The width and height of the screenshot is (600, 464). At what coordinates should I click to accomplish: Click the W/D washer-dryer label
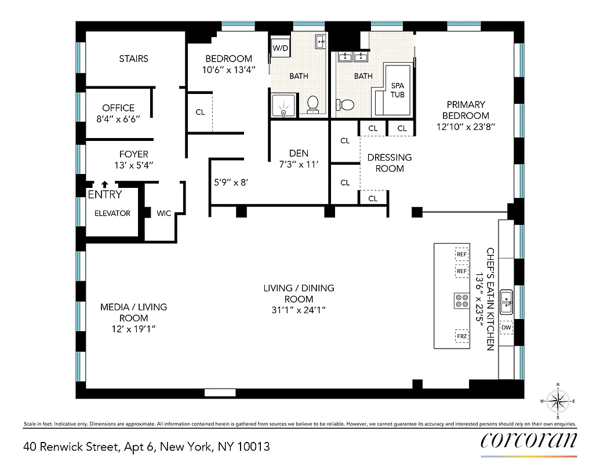(x=280, y=48)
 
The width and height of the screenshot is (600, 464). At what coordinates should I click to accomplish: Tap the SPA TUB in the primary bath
(x=397, y=90)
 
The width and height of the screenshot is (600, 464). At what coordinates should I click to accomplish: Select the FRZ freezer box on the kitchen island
(x=462, y=336)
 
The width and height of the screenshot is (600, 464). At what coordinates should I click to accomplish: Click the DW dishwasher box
(x=506, y=328)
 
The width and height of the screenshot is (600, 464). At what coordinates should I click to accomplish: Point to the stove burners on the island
(x=462, y=300)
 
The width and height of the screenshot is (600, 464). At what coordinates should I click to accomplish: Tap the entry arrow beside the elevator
(x=105, y=183)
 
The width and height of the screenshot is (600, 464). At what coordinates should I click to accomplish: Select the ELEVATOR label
(x=112, y=213)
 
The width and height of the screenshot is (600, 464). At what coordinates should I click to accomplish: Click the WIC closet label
(x=164, y=213)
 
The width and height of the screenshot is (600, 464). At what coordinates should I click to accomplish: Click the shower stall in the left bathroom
(x=284, y=106)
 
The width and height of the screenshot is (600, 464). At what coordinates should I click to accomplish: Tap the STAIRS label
(x=133, y=59)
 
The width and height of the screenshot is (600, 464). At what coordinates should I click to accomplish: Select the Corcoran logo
(x=529, y=440)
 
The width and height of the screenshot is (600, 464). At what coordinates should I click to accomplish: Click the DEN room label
(x=298, y=153)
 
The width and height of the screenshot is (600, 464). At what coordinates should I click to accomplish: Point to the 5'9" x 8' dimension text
(x=231, y=182)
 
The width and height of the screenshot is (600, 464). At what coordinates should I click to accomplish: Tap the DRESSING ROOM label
(x=390, y=163)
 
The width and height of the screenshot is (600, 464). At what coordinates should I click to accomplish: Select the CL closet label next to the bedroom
(x=200, y=112)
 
